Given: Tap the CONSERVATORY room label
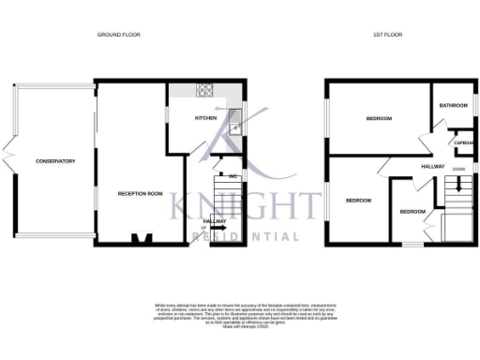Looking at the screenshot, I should pyautogui.click(x=55, y=161).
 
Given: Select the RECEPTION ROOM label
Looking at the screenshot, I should pyautogui.click(x=140, y=193).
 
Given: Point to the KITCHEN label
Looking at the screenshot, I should pyautogui.click(x=205, y=119).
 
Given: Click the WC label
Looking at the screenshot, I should pyautogui.click(x=231, y=175).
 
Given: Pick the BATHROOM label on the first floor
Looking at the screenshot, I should pyautogui.click(x=453, y=106).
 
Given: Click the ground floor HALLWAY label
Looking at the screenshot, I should pyautogui.click(x=215, y=221).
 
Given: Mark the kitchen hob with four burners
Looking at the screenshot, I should pyautogui.click(x=205, y=91).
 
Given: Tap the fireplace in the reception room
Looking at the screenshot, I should pyautogui.click(x=141, y=239).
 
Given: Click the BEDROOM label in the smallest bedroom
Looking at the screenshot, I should pyautogui.click(x=412, y=212).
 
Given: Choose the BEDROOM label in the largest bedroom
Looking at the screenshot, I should pyautogui.click(x=379, y=119).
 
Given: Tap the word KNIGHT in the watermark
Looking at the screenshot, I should pyautogui.click(x=251, y=205).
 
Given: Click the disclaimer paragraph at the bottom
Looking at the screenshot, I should pyautogui.click(x=239, y=315).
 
